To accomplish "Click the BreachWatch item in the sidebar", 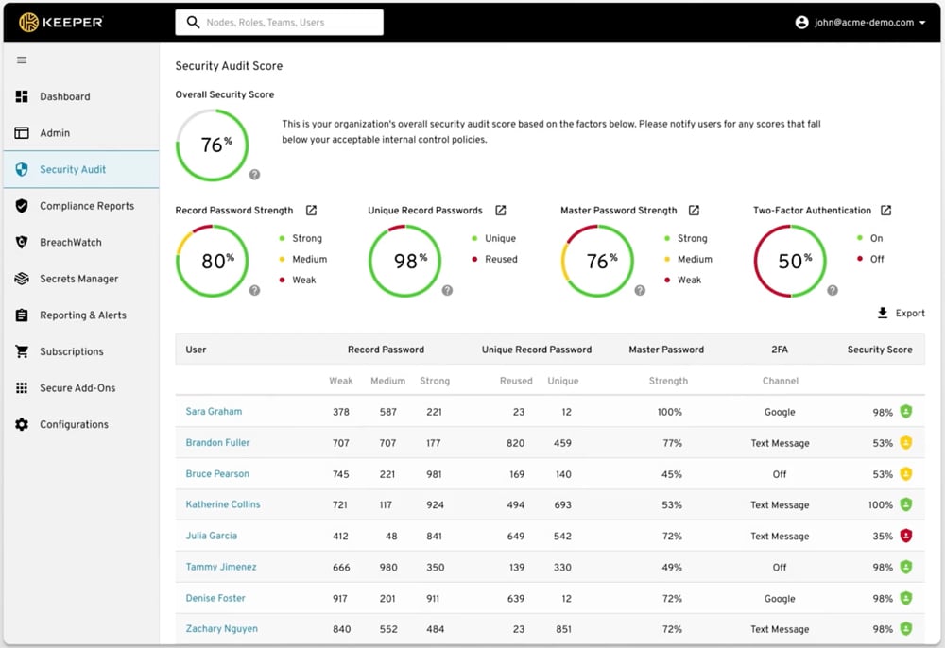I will point(70,243).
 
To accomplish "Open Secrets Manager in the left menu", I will point(78,279).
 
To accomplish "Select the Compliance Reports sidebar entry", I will point(86,206).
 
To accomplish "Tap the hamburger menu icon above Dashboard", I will point(22,60).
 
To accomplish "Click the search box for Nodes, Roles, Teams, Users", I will point(279,23).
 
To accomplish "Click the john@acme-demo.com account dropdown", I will point(860,23).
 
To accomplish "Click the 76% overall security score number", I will point(213,145).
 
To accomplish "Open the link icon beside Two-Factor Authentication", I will point(885,211).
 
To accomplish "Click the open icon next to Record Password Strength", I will point(311,211).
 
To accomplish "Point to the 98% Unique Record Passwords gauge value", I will point(405,262).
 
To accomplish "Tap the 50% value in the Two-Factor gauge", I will point(791,262).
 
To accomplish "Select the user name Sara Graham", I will point(214,412).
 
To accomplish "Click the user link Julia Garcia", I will point(212,536).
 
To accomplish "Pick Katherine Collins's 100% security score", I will point(880,504).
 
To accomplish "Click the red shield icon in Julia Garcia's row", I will point(905,536).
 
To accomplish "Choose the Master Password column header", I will point(666,350).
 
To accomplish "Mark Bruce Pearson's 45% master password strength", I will point(672,474).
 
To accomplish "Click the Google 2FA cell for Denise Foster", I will point(780,598).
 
